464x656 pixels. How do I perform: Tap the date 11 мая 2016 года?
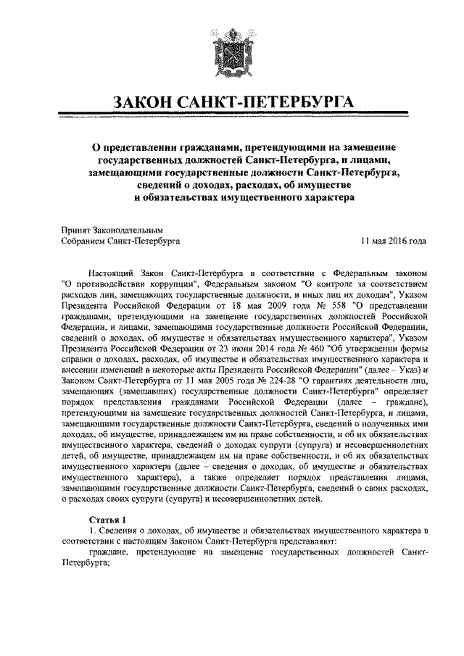[x=394, y=240]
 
